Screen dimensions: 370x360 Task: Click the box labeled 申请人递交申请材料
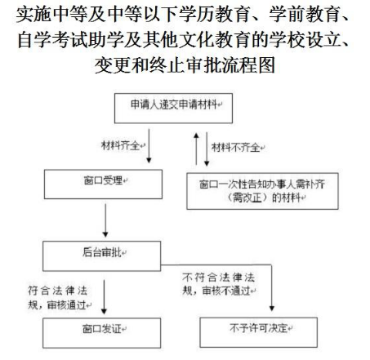click(x=173, y=109)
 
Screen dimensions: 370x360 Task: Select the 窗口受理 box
click(x=103, y=184)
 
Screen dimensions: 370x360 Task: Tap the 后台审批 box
click(x=102, y=256)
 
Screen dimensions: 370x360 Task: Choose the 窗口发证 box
click(x=102, y=333)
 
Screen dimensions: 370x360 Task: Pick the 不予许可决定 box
click(x=259, y=332)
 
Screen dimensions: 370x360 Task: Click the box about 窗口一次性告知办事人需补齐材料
click(x=262, y=191)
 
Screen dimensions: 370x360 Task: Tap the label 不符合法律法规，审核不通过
click(x=219, y=284)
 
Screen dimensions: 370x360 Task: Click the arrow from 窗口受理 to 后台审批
click(x=105, y=220)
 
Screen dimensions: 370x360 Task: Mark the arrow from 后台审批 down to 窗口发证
click(x=104, y=297)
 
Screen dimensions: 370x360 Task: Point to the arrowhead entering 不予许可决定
click(x=272, y=308)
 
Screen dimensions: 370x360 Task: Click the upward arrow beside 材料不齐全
click(x=196, y=149)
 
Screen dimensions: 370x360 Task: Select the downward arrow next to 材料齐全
click(x=149, y=146)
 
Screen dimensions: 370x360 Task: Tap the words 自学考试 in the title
click(x=52, y=40)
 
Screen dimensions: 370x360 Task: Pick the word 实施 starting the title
click(x=34, y=14)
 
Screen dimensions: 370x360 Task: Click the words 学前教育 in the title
click(x=304, y=14)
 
